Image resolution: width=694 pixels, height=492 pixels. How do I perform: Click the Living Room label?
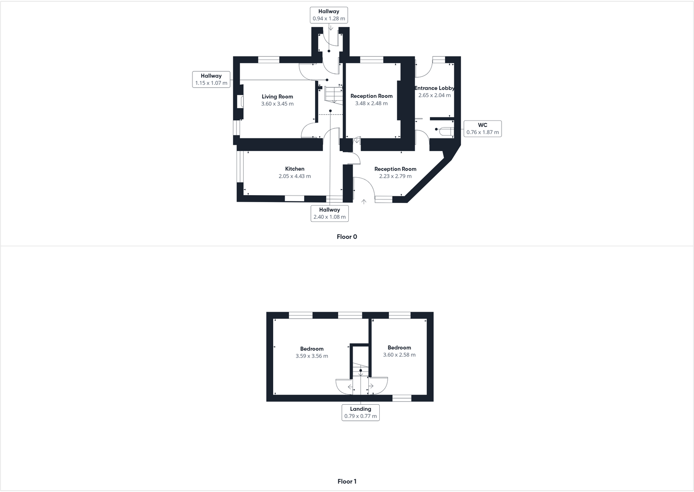[277, 97]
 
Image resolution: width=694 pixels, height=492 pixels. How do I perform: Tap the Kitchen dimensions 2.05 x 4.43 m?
[295, 176]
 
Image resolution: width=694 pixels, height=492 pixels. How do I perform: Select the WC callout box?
[482, 129]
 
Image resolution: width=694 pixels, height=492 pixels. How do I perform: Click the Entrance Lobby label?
[434, 88]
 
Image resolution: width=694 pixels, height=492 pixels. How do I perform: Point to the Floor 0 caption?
[347, 237]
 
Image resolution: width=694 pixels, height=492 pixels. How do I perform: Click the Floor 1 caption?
[347, 482]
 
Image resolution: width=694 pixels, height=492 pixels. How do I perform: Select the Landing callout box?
[361, 413]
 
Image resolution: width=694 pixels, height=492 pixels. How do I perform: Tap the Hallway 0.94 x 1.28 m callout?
[329, 15]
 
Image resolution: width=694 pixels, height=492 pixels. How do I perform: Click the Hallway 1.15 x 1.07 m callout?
[211, 79]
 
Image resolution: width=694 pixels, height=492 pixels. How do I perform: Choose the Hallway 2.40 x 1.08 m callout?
[330, 213]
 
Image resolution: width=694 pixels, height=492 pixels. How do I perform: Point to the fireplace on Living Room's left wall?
[240, 102]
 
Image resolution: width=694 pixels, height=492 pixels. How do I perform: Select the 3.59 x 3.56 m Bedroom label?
[312, 349]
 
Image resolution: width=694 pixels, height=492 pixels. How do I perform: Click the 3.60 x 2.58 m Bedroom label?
[399, 348]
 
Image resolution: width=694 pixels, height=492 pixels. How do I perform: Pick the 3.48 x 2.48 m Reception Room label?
[371, 96]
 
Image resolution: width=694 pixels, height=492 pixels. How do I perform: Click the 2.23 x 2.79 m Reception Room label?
[395, 169]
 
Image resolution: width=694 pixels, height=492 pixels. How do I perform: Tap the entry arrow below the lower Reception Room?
[364, 202]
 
